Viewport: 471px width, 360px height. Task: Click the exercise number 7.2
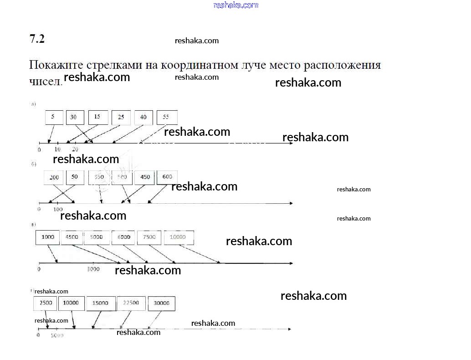click(x=37, y=39)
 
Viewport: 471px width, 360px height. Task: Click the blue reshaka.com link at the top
click(x=235, y=5)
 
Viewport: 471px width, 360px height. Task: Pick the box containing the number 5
click(x=53, y=117)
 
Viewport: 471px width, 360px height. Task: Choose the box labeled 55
click(x=166, y=117)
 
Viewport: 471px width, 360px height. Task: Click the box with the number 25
click(x=121, y=117)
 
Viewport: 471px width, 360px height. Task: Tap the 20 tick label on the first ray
click(x=75, y=149)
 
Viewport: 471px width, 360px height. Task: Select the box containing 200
click(x=54, y=177)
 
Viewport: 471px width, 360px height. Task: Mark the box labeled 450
click(x=144, y=177)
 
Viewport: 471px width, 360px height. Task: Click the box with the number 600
click(x=167, y=177)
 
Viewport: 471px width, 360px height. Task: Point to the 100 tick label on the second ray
click(x=58, y=210)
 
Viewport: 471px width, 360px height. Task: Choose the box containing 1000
click(x=47, y=237)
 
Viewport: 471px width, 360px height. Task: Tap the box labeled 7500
click(x=149, y=237)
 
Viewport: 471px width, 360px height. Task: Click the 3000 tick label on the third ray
click(x=93, y=269)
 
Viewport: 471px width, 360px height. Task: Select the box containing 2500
click(x=45, y=303)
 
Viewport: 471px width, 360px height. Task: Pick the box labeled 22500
click(x=131, y=303)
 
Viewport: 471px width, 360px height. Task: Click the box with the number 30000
click(x=161, y=303)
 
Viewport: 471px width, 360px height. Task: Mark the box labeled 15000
click(x=100, y=303)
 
